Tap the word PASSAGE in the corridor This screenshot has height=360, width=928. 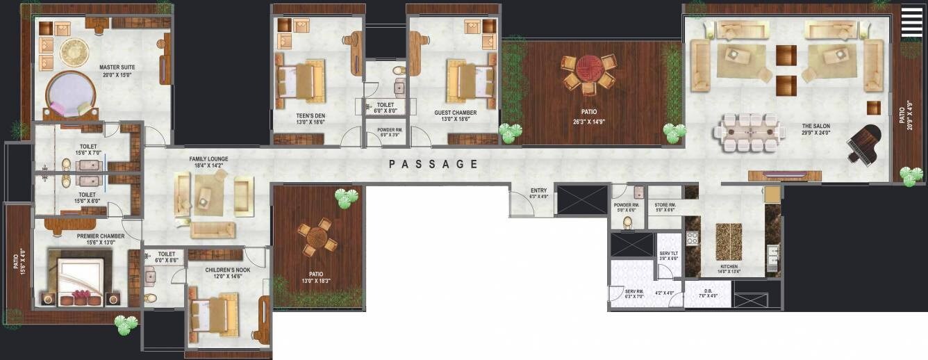pos(433,165)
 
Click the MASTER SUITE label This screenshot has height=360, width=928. pos(117,67)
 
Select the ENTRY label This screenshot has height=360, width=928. pos(539,190)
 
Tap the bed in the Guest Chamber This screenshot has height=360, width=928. pos(470,79)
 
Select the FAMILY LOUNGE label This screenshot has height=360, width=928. pos(208,159)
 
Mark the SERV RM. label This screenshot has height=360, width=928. pos(633,291)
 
